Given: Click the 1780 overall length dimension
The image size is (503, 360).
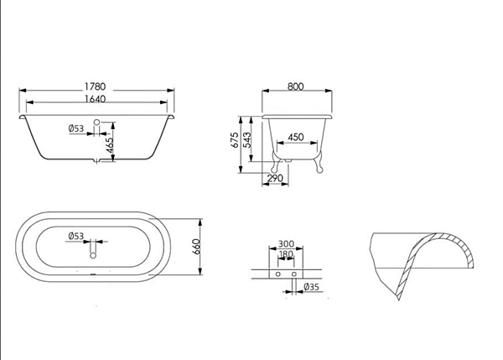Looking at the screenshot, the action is tap(95, 86).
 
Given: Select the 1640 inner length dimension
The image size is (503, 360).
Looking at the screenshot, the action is tap(95, 99).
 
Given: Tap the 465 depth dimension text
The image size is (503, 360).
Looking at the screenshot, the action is tap(110, 145).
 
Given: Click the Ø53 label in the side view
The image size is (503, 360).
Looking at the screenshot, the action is tap(76, 128).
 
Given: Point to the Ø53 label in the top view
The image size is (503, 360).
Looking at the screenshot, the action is tap(76, 236).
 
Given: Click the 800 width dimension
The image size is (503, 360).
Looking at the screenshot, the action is tap(295, 86).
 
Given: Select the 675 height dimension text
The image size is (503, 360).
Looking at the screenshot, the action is tap(235, 140).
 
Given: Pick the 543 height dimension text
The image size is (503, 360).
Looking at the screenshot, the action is tap(247, 140).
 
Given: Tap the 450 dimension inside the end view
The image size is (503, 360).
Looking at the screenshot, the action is tap(296, 137).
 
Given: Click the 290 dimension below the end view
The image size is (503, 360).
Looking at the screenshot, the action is tap(275, 178).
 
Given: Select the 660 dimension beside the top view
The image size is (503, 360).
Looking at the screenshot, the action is tap(196, 247).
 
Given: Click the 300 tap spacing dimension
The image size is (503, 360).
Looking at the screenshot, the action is tap(286, 244).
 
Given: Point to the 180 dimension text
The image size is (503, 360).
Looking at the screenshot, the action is tap(286, 254).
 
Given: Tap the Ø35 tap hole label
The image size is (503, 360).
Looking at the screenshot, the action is tap(312, 287).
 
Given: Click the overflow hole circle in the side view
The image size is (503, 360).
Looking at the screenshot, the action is tap(97, 122).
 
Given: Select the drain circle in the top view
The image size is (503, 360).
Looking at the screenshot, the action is tap(93, 256).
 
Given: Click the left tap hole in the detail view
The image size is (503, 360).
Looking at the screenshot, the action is tap(278, 274).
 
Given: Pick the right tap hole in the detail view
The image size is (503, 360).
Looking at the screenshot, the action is tap(294, 274).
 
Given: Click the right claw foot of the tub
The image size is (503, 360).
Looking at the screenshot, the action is tap(319, 163).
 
